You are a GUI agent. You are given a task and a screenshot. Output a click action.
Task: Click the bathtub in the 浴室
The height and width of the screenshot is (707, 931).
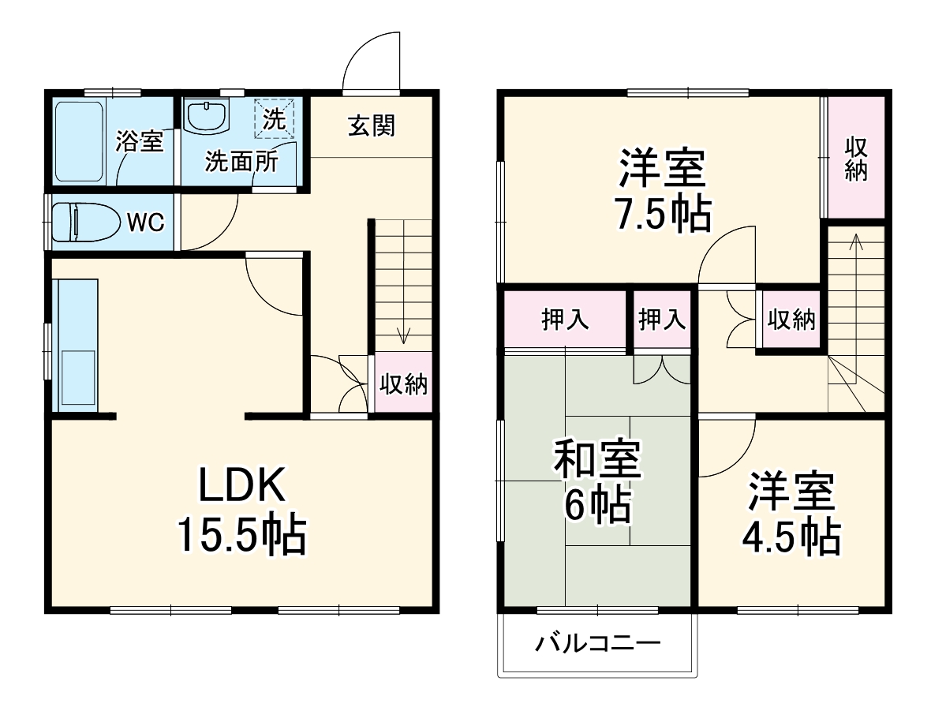pos(80,140)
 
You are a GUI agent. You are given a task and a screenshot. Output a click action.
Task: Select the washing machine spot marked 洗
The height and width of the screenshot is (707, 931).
pos(275,118)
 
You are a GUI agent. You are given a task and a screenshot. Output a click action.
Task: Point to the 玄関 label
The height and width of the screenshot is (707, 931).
pos(372,125)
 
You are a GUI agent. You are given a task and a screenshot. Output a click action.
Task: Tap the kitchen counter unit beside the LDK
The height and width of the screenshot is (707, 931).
pos(75,345)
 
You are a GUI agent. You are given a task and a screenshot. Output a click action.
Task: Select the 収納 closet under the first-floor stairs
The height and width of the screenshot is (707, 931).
pos(403,383)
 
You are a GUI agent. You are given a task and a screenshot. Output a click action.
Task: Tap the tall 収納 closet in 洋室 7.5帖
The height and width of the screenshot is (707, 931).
pos(856,158)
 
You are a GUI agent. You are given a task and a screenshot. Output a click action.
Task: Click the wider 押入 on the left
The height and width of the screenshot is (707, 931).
pos(563,320)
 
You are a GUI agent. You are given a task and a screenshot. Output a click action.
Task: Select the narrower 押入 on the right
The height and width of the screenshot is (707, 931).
pos(662,320)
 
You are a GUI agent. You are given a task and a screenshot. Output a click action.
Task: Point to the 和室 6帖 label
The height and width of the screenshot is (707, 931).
pos(596,481)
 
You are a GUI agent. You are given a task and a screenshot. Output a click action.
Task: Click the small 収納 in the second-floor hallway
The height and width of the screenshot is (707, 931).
pos(791,320)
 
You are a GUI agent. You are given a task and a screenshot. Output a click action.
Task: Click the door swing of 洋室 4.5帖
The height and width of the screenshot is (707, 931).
pos(726,450)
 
